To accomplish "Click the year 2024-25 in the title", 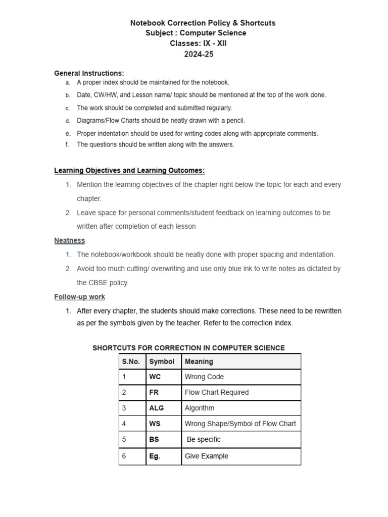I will click(199, 55).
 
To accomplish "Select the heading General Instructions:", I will click(89, 73).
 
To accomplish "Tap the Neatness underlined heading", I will click(70, 240).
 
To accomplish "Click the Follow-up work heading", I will click(80, 297).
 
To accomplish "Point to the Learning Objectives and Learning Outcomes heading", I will click(129, 171).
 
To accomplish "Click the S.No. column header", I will click(131, 361).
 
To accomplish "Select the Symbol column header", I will click(162, 361).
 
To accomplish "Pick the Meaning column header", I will click(199, 361).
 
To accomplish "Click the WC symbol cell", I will click(155, 377).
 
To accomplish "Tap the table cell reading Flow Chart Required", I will click(217, 392).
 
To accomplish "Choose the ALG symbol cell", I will click(157, 408).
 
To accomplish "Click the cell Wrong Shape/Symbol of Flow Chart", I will click(240, 424).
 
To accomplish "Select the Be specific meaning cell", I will click(204, 439).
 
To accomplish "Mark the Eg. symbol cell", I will click(155, 456).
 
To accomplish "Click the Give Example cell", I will click(207, 456).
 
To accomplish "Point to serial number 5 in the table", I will click(124, 439).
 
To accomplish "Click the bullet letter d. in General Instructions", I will click(67, 121).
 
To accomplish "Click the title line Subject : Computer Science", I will click(196, 33).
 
